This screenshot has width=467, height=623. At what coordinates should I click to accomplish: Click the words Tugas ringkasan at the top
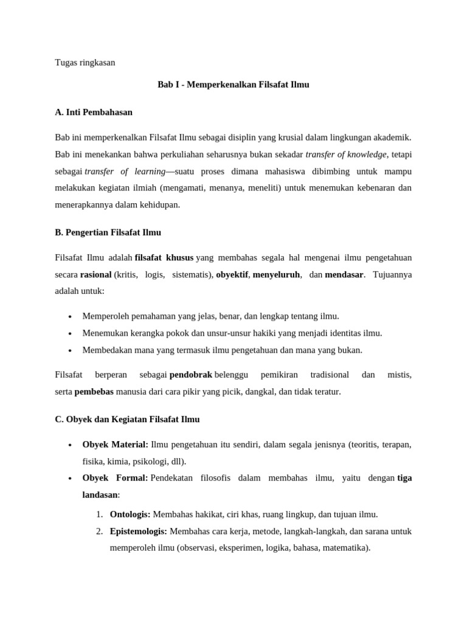(85, 63)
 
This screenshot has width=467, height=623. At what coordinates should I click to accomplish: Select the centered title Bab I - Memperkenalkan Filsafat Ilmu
(233, 85)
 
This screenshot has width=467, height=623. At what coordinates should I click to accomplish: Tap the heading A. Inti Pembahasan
(93, 113)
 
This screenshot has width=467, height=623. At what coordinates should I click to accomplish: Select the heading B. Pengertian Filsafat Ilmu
(108, 232)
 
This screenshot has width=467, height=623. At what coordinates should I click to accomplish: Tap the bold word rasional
(95, 274)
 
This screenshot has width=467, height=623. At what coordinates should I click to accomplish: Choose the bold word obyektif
(232, 274)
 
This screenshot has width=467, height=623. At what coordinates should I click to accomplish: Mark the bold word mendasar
(344, 274)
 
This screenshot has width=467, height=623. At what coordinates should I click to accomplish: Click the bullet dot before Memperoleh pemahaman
(71, 317)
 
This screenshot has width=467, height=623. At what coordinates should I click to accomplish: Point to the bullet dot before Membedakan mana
(71, 351)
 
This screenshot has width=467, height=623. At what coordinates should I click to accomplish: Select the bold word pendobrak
(190, 375)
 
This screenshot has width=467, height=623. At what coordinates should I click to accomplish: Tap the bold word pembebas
(94, 392)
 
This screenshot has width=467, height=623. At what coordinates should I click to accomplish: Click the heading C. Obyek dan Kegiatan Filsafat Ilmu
(127, 420)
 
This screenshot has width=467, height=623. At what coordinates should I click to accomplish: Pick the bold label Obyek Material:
(115, 445)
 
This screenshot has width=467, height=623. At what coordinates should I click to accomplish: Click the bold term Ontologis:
(130, 514)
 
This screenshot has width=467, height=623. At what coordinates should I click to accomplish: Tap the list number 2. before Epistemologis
(99, 531)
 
